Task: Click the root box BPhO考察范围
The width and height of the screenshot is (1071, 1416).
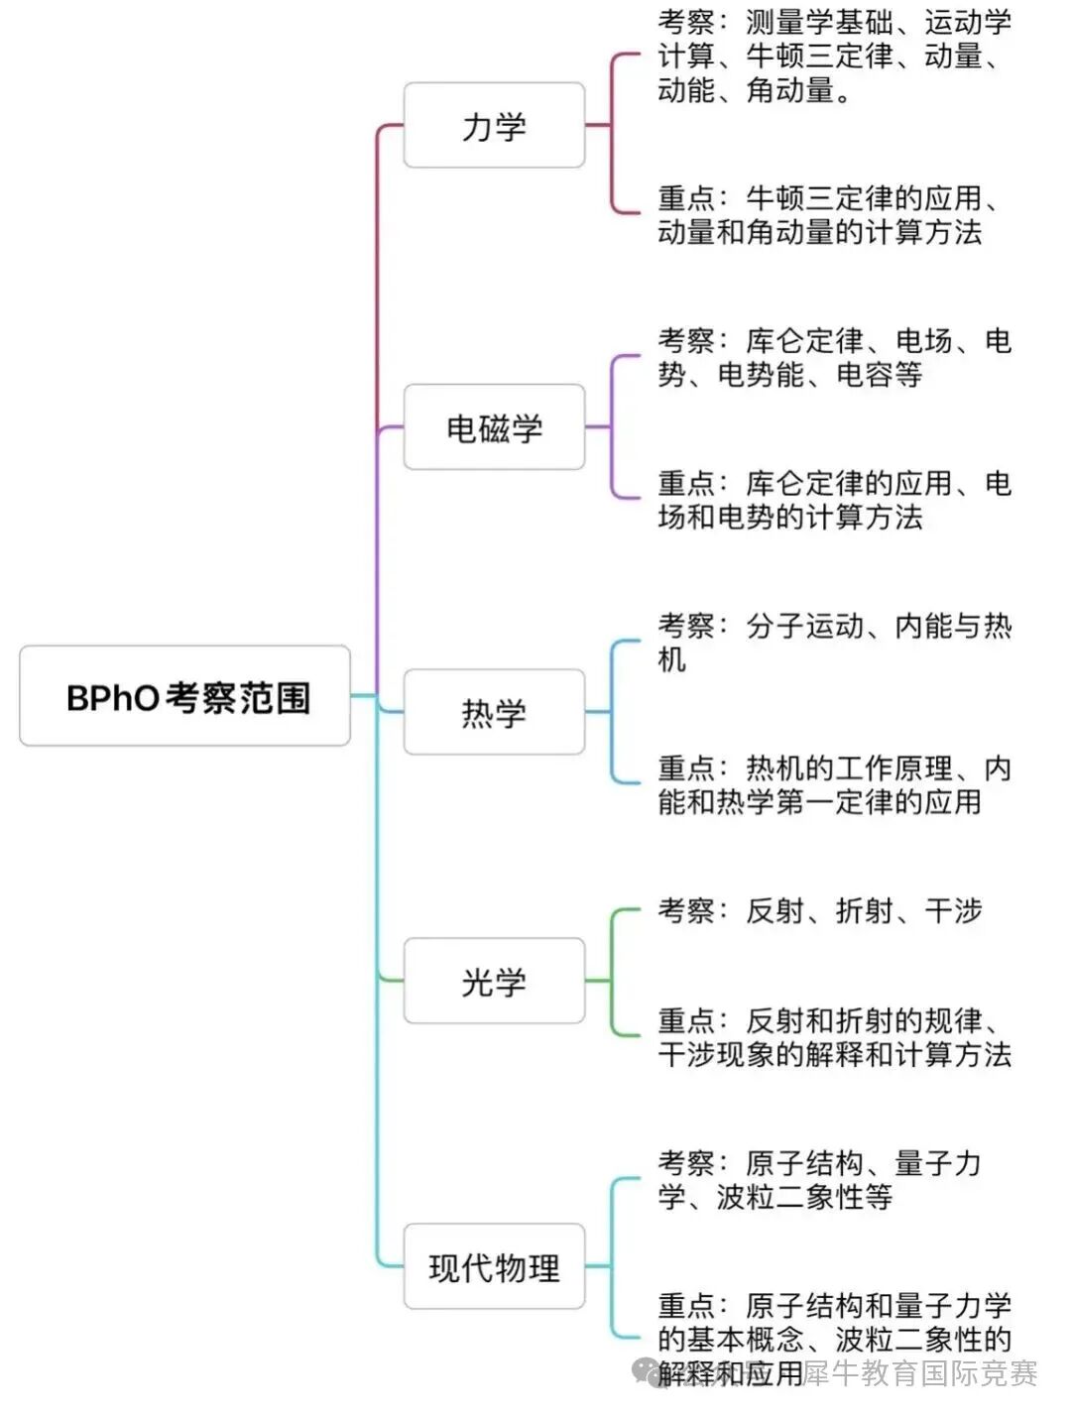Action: (x=185, y=696)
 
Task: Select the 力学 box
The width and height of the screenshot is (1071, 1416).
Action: (x=494, y=126)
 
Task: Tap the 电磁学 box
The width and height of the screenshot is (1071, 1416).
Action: (x=494, y=427)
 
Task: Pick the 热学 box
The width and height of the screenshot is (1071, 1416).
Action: (x=494, y=712)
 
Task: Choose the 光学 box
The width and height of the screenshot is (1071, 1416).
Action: (x=494, y=982)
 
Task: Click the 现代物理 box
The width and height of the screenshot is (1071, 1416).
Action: (x=494, y=1266)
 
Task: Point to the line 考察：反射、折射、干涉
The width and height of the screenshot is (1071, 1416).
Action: (x=819, y=910)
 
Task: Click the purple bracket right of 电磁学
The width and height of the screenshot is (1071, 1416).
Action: (x=613, y=426)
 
